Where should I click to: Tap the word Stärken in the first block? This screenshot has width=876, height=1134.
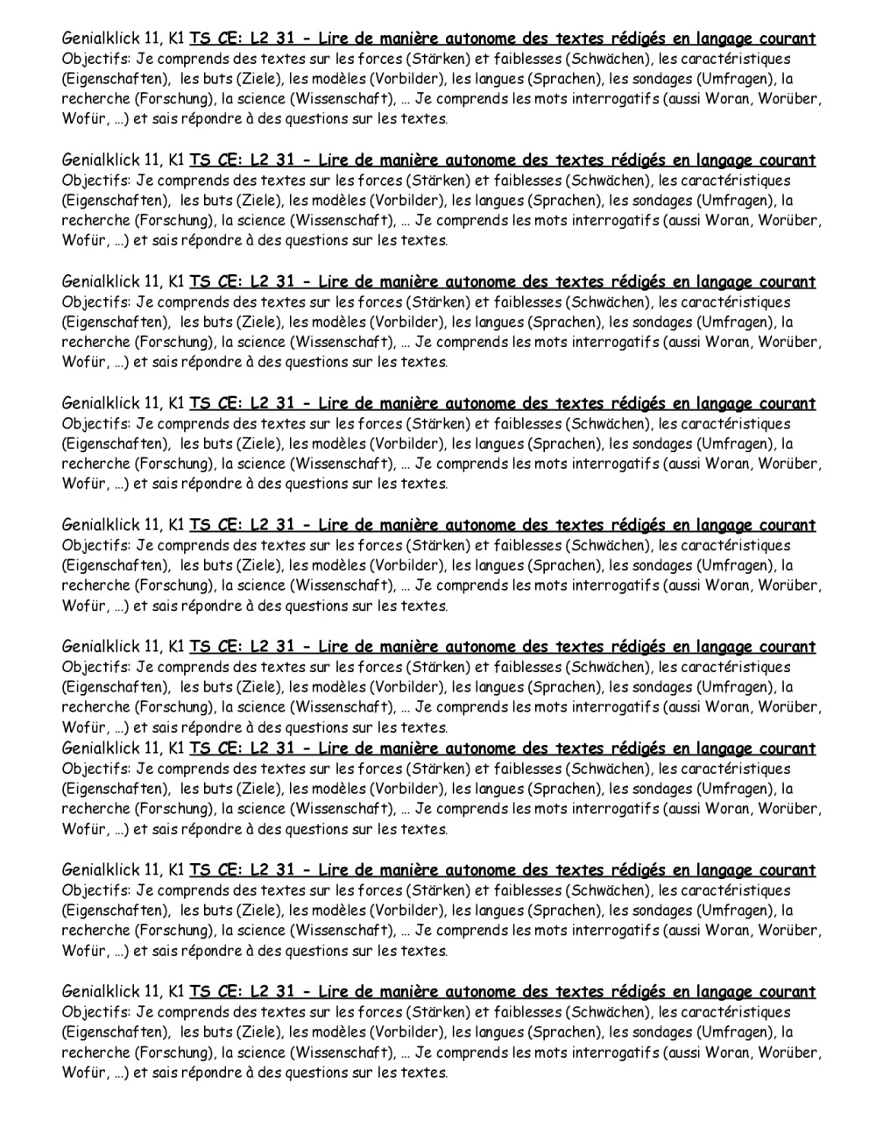point(438,59)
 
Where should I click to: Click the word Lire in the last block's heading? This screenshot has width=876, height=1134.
point(332,992)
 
